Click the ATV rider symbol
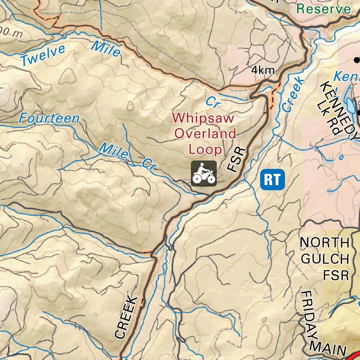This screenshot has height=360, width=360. point(204,173)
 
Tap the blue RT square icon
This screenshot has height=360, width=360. point(272,179)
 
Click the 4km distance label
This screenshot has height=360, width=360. point(263,70)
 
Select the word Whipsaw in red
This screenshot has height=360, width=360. point(203,118)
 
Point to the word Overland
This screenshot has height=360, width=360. point(205,134)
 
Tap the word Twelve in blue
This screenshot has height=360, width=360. point(43,56)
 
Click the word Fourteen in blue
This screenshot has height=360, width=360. point(49,118)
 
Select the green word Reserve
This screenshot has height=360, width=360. point(324,9)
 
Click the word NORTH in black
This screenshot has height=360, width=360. point(325,243)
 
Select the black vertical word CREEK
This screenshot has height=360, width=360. point(125,317)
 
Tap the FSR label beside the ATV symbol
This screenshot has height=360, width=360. point(237,160)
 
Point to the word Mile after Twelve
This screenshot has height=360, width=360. point(106,49)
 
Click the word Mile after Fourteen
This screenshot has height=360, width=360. point(113,150)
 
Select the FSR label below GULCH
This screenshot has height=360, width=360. point(336,275)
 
